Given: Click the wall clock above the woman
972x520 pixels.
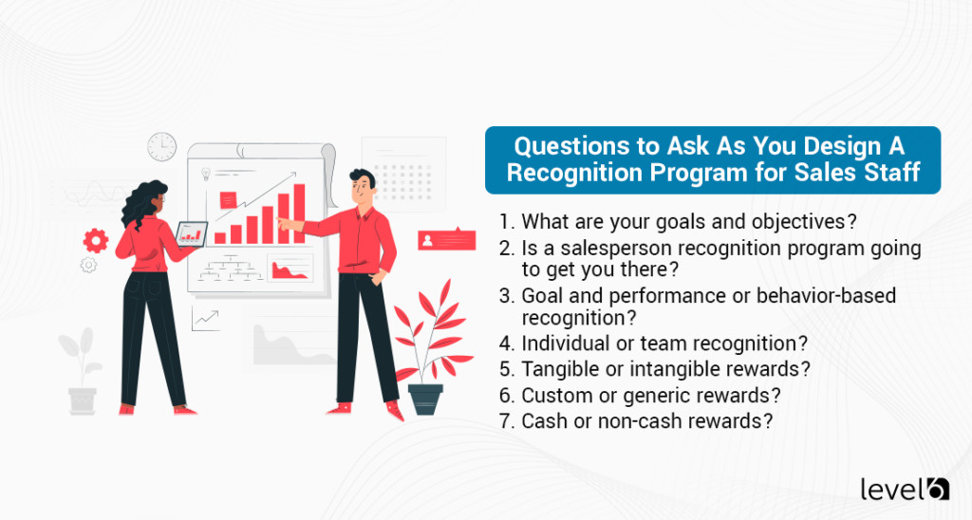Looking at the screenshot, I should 161,146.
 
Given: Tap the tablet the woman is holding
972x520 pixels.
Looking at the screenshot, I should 193,232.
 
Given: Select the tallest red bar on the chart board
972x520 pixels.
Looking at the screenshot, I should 299,213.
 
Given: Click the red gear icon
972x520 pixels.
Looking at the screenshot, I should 95,239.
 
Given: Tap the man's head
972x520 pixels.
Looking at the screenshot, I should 361,187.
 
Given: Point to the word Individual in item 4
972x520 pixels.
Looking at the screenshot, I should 563,344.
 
